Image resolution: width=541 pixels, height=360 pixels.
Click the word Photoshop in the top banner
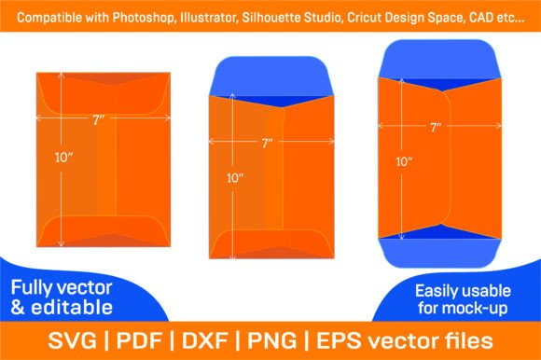coord(144,18)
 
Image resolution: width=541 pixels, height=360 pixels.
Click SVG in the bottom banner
coord(73,340)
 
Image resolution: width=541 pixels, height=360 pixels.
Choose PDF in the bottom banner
coord(139,340)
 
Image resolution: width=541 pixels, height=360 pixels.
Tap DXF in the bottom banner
coord(204,340)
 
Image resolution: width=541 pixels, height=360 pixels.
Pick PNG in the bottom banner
coord(272,340)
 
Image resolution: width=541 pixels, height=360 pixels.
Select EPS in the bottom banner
coord(339,340)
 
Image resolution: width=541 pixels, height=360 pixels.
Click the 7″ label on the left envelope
coord(98,120)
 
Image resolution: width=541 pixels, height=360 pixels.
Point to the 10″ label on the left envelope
coord(64,158)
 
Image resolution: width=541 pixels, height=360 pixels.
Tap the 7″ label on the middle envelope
coord(268,143)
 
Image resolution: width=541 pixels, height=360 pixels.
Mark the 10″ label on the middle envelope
coord(235,178)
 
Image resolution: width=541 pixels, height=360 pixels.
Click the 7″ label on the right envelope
coord(437,128)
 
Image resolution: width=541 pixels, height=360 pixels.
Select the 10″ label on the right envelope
coord(405,161)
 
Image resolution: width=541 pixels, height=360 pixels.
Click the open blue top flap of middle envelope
coord(271,77)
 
